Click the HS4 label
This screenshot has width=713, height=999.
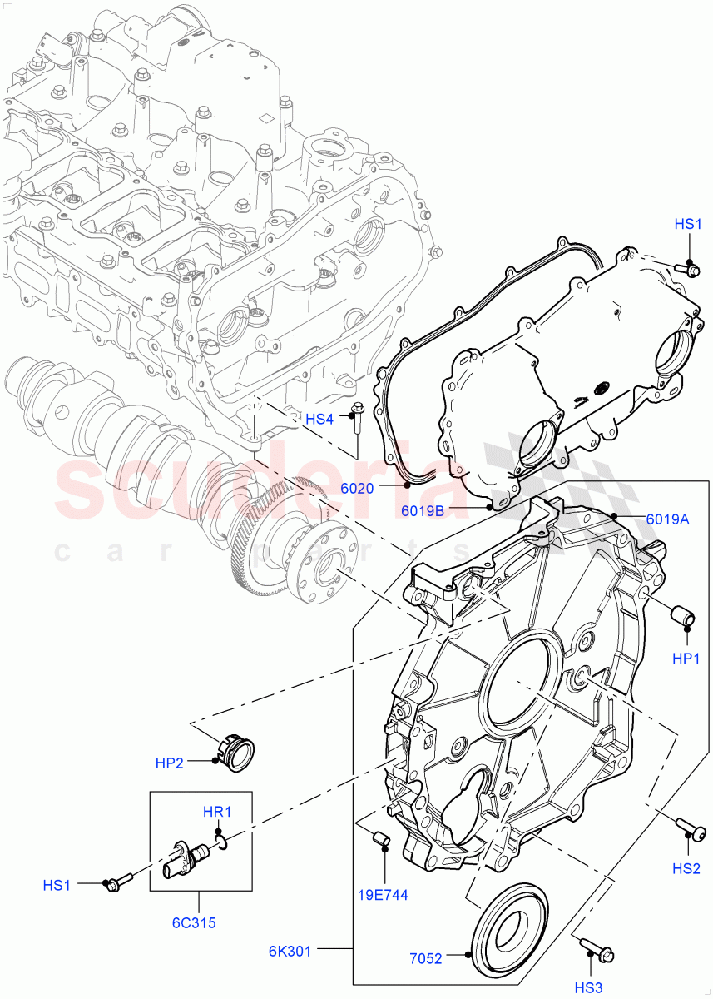[x=319, y=420]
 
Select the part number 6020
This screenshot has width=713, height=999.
[x=357, y=488]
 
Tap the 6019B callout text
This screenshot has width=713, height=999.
[x=423, y=511]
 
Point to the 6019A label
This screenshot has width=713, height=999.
[x=667, y=519]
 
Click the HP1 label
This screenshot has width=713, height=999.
[x=686, y=658]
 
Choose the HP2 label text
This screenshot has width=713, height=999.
[x=169, y=763]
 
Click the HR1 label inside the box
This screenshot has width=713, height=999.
[x=216, y=812]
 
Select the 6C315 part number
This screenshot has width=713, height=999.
[x=199, y=922]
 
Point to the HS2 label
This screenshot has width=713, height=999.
[x=686, y=869]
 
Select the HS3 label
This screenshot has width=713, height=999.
[x=589, y=987]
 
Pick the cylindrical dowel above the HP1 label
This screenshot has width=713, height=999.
[x=685, y=618]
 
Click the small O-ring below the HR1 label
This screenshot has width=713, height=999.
[x=222, y=844]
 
